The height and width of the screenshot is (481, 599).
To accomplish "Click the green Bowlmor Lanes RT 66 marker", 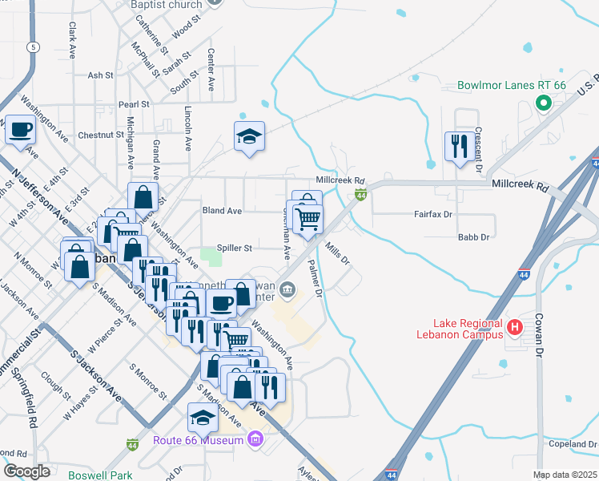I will (x=542, y=103).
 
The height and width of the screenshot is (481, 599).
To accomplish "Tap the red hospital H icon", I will (x=516, y=327).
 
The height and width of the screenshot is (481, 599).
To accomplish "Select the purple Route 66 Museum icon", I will (x=255, y=439).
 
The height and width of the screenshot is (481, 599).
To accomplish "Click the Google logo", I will (x=26, y=471).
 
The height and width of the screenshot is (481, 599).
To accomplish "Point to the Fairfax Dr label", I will (x=433, y=215).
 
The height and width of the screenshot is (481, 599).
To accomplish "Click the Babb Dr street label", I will (x=472, y=237).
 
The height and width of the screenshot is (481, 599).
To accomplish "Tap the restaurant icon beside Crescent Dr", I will (x=459, y=146).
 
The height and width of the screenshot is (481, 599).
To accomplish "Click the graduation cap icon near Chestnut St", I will (x=249, y=136).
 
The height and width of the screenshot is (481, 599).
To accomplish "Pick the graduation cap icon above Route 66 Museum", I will (x=203, y=418).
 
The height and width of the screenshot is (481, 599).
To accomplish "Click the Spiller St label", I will (x=236, y=249).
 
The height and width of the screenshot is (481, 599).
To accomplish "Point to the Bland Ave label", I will (x=223, y=211).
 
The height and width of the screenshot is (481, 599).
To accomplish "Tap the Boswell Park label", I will (x=100, y=475).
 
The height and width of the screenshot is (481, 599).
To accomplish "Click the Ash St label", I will (x=101, y=75).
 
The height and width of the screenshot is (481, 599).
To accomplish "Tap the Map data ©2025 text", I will (x=565, y=475).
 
